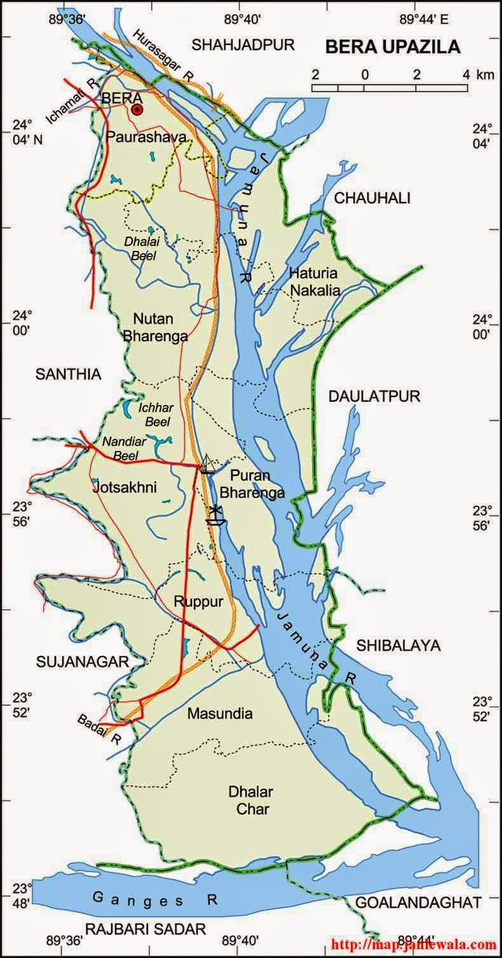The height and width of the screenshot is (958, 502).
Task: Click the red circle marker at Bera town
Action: [x=137, y=111]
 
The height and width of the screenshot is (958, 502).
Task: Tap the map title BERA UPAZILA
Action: [x=393, y=47]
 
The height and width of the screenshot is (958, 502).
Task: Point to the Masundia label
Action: [x=220, y=713]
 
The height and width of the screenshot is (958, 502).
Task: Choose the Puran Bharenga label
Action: [x=257, y=483]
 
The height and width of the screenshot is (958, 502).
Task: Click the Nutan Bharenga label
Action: [x=156, y=327]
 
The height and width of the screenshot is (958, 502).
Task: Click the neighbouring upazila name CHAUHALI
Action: [x=372, y=198]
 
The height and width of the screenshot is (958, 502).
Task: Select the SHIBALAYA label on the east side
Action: [x=398, y=645]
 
